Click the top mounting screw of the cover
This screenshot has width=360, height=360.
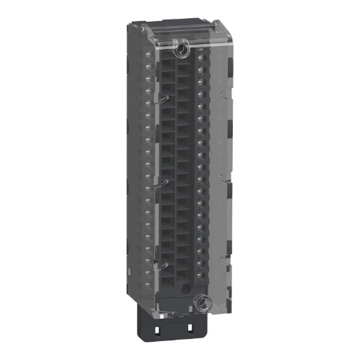tap(180, 48)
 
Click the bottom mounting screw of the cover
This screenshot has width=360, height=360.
tap(201, 303)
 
